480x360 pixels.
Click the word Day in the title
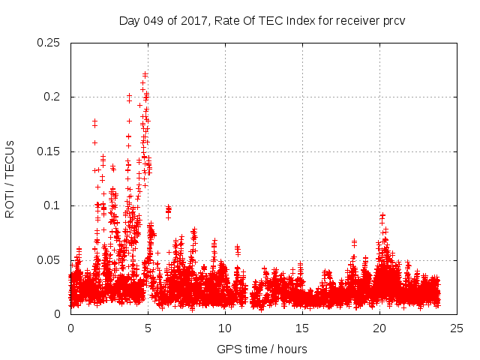click(129, 20)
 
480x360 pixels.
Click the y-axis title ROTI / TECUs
click(10, 178)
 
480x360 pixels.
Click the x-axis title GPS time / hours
click(262, 349)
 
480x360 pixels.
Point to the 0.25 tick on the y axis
click(49, 43)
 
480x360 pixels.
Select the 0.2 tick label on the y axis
click(52, 97)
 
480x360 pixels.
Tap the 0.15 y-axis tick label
click(49, 151)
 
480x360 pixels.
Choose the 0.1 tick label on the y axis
click(52, 205)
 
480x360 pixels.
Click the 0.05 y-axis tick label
click(49, 260)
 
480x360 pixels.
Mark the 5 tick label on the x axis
click(148, 328)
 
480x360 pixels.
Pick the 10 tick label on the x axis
click(225, 328)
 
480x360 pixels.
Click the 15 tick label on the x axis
click(302, 328)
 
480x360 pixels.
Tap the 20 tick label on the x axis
click(379, 328)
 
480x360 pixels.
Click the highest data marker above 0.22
click(145, 74)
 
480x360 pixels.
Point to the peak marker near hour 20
click(382, 215)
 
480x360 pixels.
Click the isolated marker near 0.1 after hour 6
click(168, 208)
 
